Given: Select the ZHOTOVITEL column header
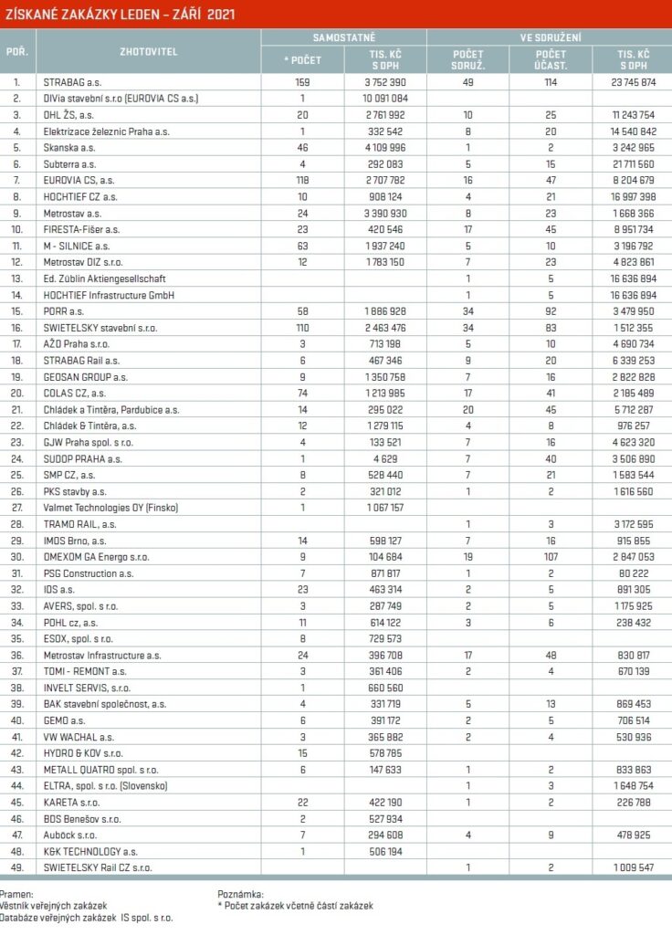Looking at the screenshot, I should coord(149,51).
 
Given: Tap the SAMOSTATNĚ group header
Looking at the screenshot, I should coord(343,37).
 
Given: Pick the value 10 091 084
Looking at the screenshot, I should coord(384,98).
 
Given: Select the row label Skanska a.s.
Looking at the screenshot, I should coord(69,148).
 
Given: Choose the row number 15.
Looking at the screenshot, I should coord(16,311).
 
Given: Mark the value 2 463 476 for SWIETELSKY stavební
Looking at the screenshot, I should coord(384,328).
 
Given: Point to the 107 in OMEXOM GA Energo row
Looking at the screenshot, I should coord(551,557).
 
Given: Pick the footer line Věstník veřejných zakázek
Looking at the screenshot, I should coord(46,905).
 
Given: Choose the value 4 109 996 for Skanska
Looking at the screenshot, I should coord(384,148).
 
